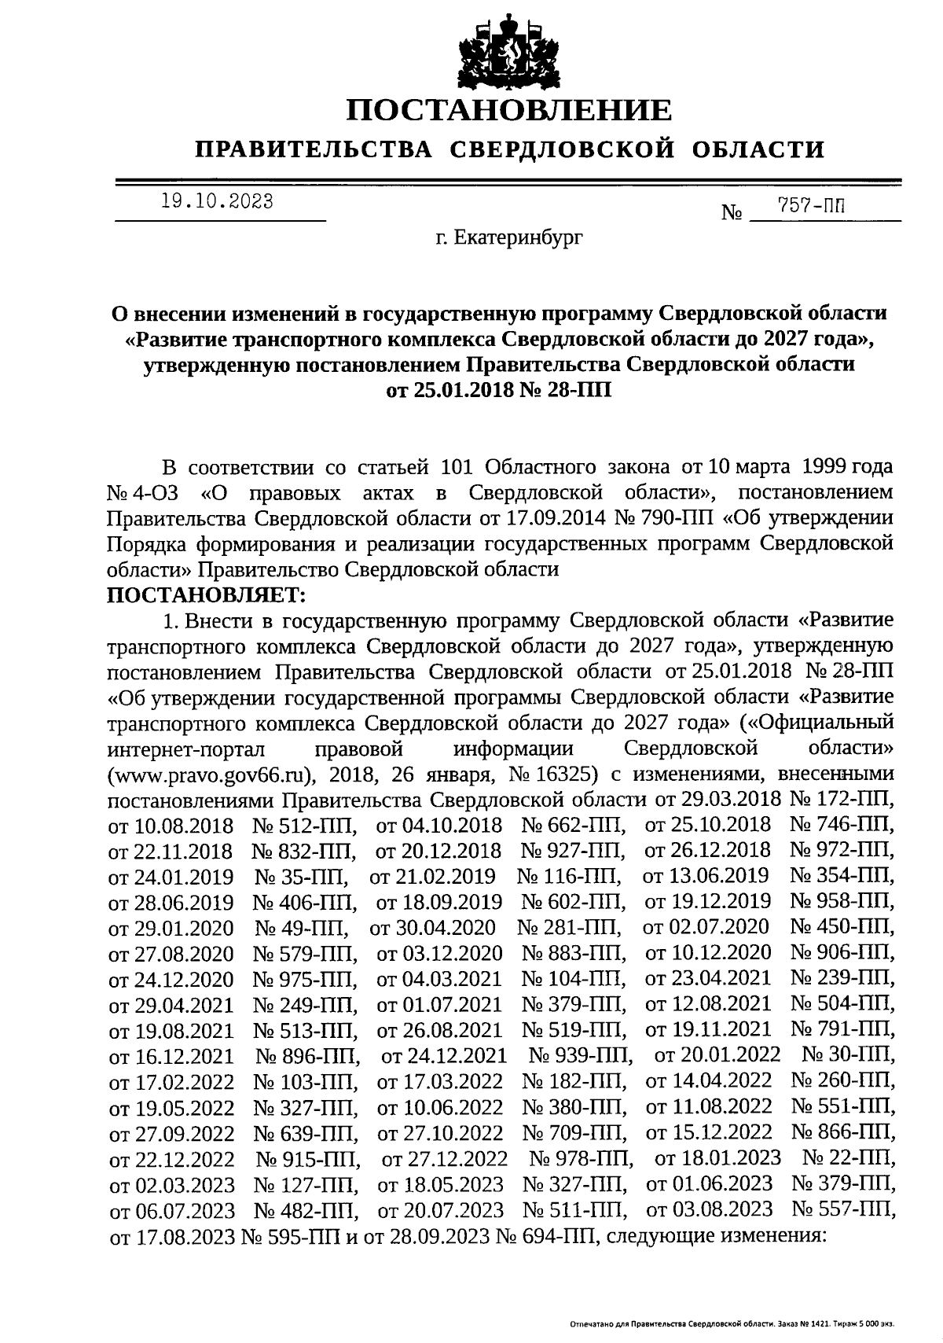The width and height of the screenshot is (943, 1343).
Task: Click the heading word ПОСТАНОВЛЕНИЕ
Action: tap(510, 109)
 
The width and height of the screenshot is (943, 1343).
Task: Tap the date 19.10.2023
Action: tap(218, 202)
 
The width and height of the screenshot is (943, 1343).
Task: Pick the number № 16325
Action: tap(553, 774)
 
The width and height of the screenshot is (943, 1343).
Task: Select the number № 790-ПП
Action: tap(662, 518)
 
